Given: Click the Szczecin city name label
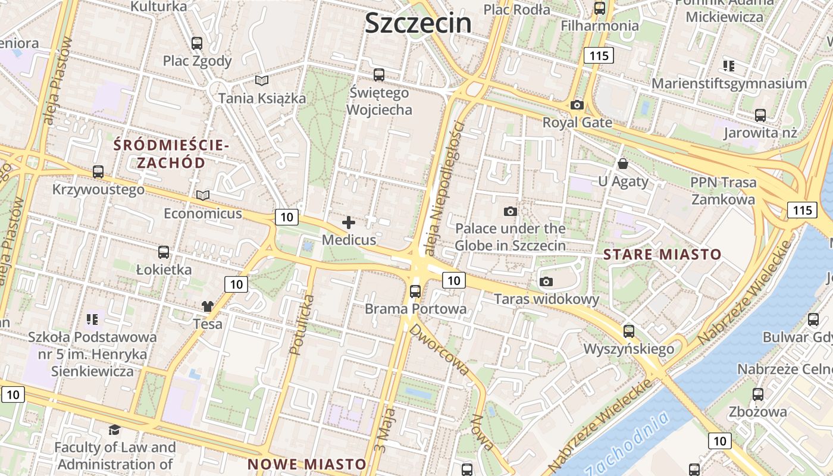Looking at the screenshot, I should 418,23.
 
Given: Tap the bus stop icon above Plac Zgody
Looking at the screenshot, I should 197,43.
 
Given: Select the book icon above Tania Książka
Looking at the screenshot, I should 261,80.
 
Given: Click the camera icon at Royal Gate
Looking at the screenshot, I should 577,105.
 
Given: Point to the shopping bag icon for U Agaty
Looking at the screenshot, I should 623,163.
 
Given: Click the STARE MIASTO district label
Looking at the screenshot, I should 662,255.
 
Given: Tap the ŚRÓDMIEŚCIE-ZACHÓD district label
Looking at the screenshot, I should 171,154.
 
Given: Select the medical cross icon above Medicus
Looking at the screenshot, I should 349,223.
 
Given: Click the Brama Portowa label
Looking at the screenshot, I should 415,309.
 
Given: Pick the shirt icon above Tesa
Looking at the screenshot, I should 207,306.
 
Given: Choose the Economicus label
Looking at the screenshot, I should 203,213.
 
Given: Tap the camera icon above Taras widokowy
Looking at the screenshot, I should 546,282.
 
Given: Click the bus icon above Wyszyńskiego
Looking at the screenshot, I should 629,331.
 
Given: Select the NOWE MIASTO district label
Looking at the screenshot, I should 306,464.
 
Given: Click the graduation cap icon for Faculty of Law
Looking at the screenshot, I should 114,430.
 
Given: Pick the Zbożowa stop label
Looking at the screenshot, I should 758,411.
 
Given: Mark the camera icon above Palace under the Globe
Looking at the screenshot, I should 510,211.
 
